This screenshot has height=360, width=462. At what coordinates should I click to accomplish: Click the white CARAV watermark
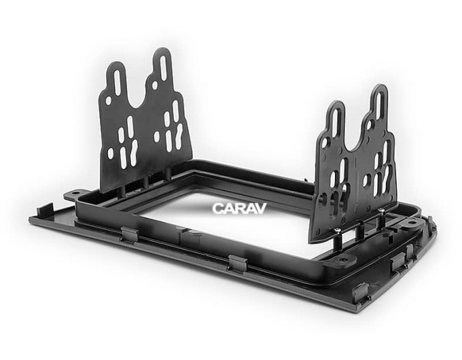pos(239,209)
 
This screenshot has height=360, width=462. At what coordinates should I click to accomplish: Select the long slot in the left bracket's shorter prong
pos(118,82)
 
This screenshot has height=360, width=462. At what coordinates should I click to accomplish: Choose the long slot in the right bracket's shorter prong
pos(335,122)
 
